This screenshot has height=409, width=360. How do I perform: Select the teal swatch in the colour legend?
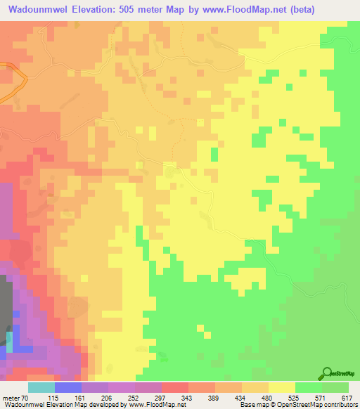[x=41, y=387]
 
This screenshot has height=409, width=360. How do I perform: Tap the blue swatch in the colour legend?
[x=67, y=387]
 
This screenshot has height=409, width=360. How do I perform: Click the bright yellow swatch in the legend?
[x=281, y=387]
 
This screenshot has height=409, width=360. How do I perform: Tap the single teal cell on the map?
[x=10, y=342]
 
